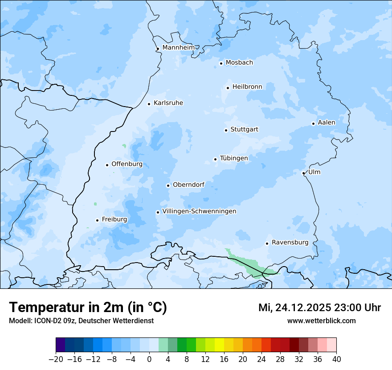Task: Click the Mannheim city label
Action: (x=178, y=47)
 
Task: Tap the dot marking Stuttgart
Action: (x=226, y=130)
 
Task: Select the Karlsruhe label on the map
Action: (x=168, y=103)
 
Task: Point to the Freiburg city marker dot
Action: (x=97, y=220)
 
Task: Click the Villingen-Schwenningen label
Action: (x=199, y=211)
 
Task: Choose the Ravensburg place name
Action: (x=290, y=243)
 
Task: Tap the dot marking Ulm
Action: (x=303, y=173)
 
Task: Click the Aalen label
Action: (x=326, y=123)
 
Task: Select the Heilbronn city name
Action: (x=247, y=87)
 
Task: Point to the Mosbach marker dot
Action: (x=221, y=63)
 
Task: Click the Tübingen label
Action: (x=233, y=158)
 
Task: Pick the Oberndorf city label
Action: (x=188, y=185)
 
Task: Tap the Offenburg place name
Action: (x=127, y=164)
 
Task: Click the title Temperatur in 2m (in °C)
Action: (x=88, y=308)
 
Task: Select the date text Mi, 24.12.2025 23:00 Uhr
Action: (x=319, y=308)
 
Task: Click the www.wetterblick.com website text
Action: (x=321, y=321)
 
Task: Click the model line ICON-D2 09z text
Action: (x=81, y=321)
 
